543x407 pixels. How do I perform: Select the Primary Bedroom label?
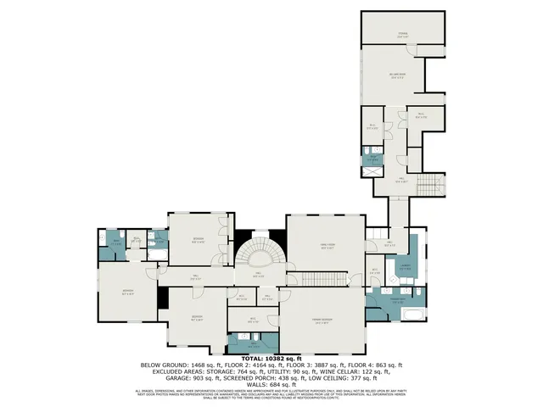coord(322,321)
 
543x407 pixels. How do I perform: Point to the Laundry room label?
coord(394,267)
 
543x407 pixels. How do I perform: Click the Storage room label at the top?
coord(404,35)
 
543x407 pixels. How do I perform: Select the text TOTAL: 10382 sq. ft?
coord(271,359)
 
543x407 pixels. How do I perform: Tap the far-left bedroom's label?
coord(127,293)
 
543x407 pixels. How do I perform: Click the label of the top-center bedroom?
coord(197,241)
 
